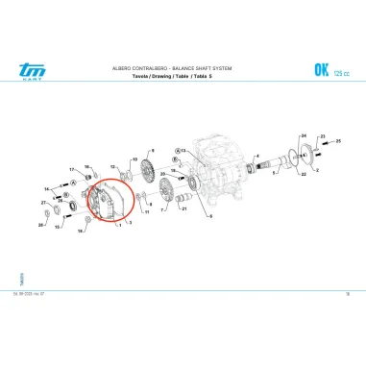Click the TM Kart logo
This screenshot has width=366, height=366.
click(33, 68)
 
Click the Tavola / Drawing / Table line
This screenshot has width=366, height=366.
click(158, 76)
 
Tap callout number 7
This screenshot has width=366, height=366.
click(159, 207)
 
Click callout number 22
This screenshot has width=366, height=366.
click(302, 176)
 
